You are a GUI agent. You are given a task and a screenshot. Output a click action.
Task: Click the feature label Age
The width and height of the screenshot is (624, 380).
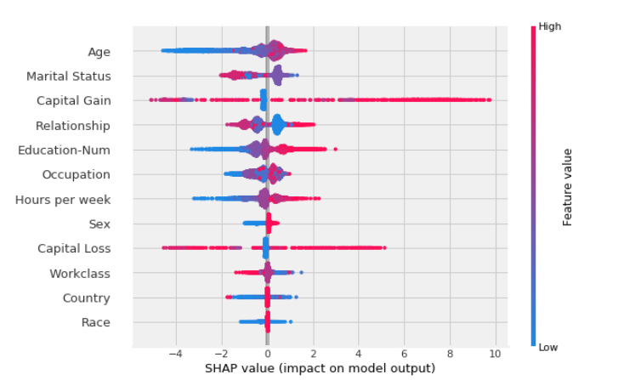pyautogui.click(x=99, y=52)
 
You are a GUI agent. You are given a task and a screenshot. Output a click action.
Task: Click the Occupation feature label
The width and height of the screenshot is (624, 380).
pyautogui.click(x=77, y=175)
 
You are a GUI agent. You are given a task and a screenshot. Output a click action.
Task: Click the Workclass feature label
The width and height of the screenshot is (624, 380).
pyautogui.click(x=80, y=274)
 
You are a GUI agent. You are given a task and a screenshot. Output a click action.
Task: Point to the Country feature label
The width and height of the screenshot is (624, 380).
pyautogui.click(x=86, y=298)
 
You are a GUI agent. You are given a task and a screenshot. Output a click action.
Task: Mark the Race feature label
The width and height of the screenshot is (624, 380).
pyautogui.click(x=96, y=323)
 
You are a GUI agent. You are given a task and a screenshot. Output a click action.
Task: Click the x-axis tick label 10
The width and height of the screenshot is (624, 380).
pyautogui.click(x=496, y=354)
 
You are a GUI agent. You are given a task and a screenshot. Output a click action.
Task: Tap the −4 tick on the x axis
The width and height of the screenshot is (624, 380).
pyautogui.click(x=174, y=354)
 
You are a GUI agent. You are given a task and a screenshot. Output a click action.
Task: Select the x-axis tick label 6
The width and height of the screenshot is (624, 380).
pyautogui.click(x=405, y=354)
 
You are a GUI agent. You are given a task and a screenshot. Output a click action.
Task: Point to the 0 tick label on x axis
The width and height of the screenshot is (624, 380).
pyautogui.click(x=267, y=354)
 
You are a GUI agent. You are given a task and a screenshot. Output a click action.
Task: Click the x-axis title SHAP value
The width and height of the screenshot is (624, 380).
pyautogui.click(x=320, y=368)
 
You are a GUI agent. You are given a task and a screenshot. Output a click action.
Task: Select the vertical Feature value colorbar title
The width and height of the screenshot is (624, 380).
pyautogui.click(x=568, y=187)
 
